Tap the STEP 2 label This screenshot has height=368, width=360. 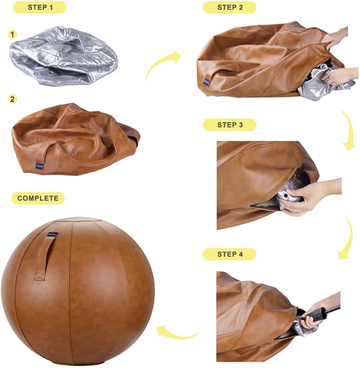click(x=229, y=7)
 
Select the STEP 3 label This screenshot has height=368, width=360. click(x=229, y=125)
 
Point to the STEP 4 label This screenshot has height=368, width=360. click(x=229, y=254)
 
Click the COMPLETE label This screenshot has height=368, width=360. click(x=38, y=198)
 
